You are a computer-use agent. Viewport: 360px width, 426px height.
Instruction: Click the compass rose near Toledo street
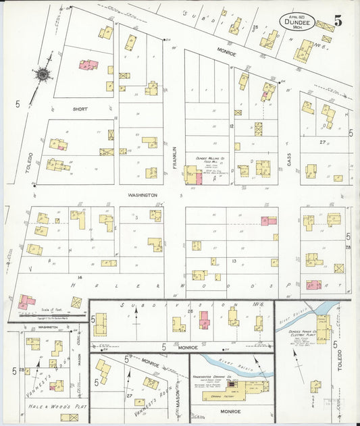(43, 74)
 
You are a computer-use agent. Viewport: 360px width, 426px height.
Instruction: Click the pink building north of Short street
(88, 65)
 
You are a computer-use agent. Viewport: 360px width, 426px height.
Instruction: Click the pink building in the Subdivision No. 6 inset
(204, 319)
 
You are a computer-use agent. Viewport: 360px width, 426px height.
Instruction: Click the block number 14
(80, 277)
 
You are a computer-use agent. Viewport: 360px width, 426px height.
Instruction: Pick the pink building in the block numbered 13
(268, 221)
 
